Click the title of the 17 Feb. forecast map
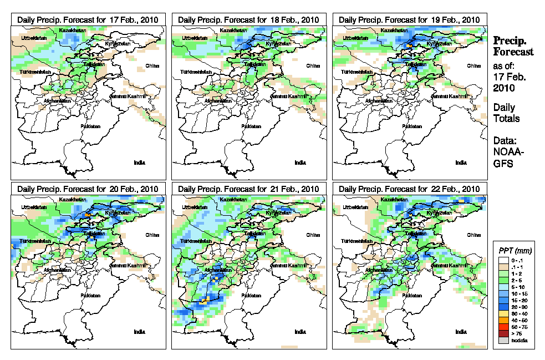point(88,19)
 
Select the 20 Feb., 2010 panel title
point(88,189)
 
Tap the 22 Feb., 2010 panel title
point(409,189)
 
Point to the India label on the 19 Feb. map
point(461,163)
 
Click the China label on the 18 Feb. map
point(313,65)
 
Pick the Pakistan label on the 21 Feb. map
point(252,296)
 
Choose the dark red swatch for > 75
point(502,334)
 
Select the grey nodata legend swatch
point(502,341)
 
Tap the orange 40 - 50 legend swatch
point(502,321)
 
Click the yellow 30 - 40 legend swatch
point(502,314)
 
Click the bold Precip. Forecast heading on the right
point(513,46)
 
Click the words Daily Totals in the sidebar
point(506,113)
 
